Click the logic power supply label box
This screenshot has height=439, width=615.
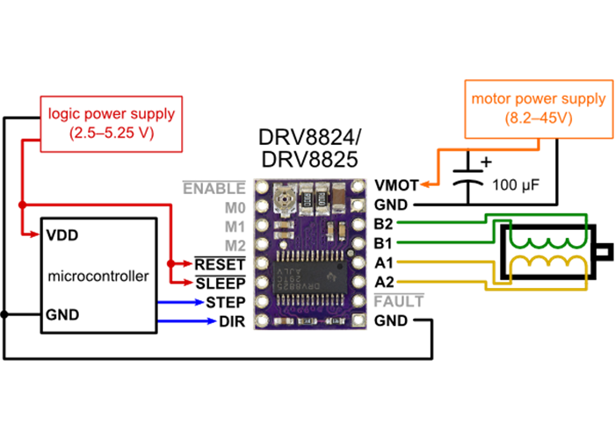coord(111,124)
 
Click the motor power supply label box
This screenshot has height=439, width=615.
coord(539,109)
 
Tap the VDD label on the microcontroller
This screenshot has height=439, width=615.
coord(61,235)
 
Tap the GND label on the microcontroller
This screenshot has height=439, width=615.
coord(61,314)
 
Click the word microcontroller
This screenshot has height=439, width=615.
coord(98,276)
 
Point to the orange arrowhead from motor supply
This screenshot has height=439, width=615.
coord(424,184)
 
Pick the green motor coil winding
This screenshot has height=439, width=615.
coord(549,238)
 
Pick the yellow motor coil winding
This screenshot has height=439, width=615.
coord(549,265)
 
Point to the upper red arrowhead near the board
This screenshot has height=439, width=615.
coord(187,263)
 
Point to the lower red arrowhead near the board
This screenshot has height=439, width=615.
coord(187,282)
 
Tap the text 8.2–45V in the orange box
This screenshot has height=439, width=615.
coord(539,118)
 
